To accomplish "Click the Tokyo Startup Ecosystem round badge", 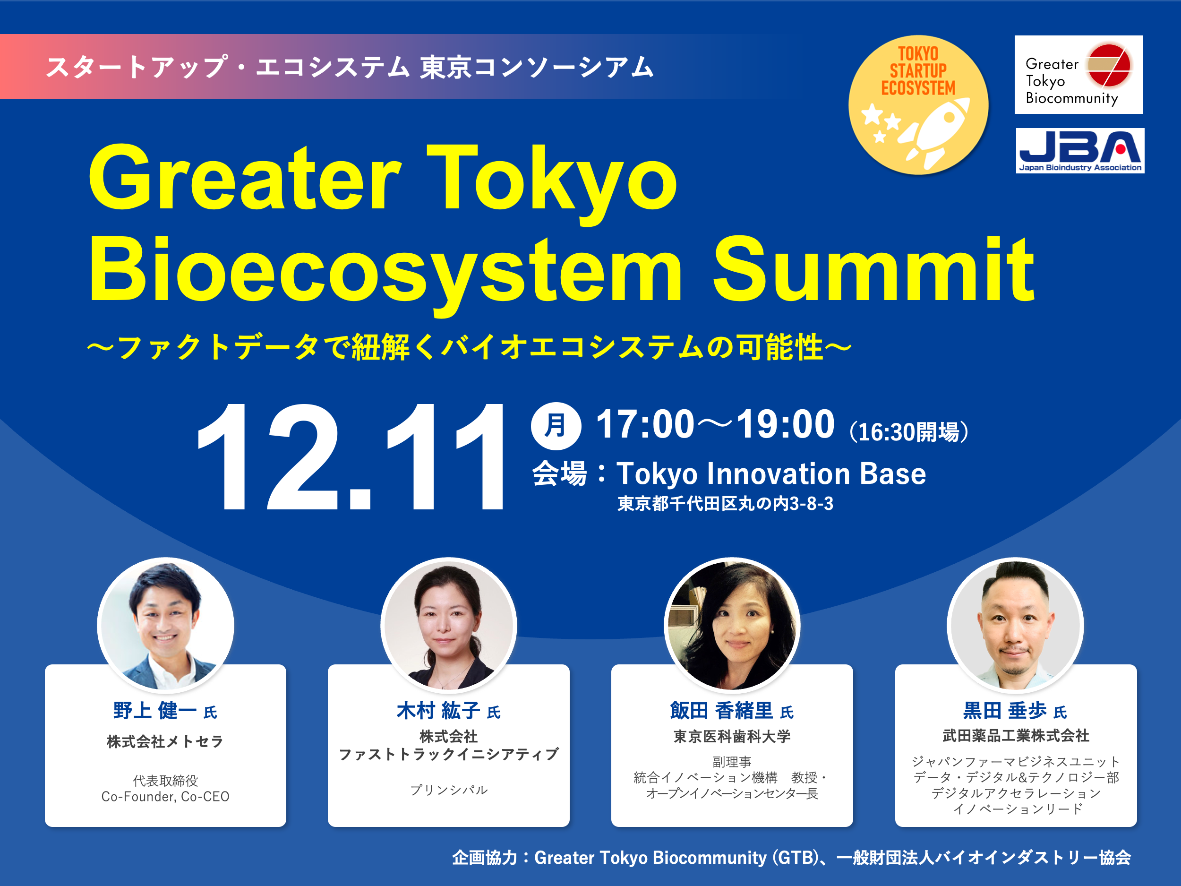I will tap(918, 105).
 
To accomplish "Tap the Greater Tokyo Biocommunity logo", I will tap(1078, 75).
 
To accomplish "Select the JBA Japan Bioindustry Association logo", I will tap(1079, 151).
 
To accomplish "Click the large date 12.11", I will tap(350, 456).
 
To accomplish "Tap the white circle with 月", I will tap(556, 426).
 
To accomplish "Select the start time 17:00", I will tap(645, 425).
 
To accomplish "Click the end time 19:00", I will tap(785, 425).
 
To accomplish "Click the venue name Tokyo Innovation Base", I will tap(771, 473).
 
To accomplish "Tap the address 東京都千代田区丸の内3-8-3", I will tap(725, 504).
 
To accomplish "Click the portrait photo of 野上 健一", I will tap(165, 625).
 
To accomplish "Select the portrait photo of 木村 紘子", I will tap(448, 625).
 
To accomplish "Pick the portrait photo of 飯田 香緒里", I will tap(732, 625).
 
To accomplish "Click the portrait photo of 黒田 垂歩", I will tap(1015, 625).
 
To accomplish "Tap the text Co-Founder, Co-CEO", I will tap(165, 796).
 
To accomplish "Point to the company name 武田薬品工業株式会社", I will tap(1016, 735).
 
